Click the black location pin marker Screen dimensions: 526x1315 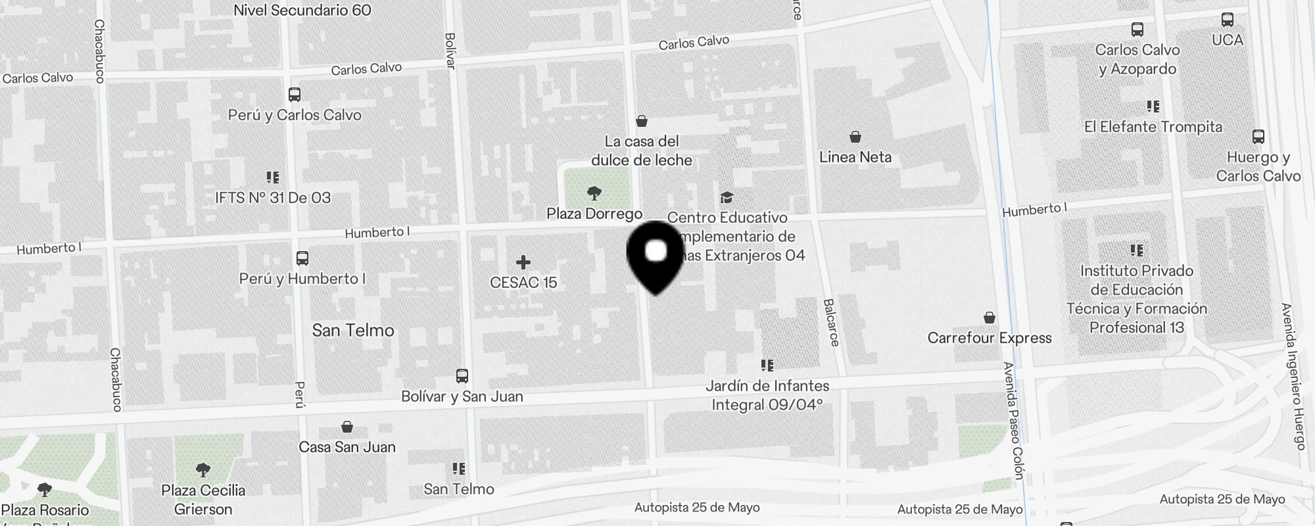pos(656,256)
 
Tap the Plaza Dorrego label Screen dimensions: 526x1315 pos(594,214)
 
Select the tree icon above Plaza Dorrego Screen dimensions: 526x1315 pos(594,193)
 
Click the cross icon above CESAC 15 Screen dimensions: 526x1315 pos(523,263)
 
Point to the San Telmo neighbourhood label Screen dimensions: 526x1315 pos(353,330)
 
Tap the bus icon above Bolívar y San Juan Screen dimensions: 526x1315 pos(462,376)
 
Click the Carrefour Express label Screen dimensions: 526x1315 pos(990,338)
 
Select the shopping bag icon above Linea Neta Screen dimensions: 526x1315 pos(855,137)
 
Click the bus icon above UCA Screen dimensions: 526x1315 pos(1228,20)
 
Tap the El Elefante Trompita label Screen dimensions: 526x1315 pos(1153,127)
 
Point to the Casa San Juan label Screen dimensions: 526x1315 pos(347,447)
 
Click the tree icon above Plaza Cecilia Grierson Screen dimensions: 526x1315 pos(203,469)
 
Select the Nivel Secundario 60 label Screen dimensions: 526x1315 pos(302,10)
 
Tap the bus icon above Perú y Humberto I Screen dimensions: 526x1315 pos(302,258)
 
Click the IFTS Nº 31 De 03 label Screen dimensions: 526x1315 pos(273,198)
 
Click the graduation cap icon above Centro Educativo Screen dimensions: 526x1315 pos(727,197)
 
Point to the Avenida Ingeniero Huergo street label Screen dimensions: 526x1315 pos(1293,376)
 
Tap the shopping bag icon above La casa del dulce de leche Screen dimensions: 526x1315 pos(642,121)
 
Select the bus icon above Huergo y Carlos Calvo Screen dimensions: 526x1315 pos(1258,137)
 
